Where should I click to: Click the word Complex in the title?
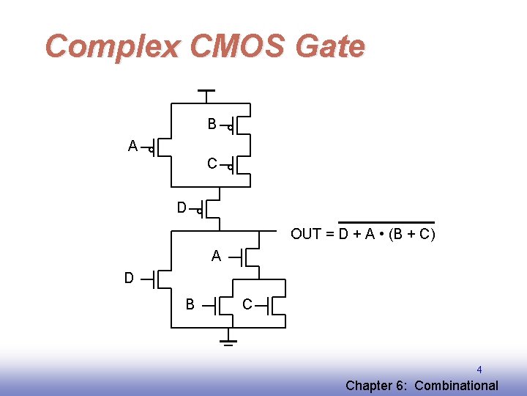pos(111,47)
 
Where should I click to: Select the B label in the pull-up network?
pos(212,125)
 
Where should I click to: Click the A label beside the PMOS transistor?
pos(132,147)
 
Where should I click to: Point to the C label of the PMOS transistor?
pos(212,164)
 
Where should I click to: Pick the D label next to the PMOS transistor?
pos(182,208)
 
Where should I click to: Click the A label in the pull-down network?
pos(216,257)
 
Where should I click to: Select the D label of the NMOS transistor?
pos(129,279)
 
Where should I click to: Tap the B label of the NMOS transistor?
pos(190,304)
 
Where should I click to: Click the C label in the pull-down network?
pos(247,304)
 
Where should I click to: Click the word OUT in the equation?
pos(306,235)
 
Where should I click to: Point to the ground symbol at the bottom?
pos(228,341)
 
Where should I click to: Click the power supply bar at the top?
pos(206,91)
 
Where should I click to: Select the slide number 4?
pos(479,370)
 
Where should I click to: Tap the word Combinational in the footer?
pos(457,386)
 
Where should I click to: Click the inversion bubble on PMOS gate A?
pos(151,151)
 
